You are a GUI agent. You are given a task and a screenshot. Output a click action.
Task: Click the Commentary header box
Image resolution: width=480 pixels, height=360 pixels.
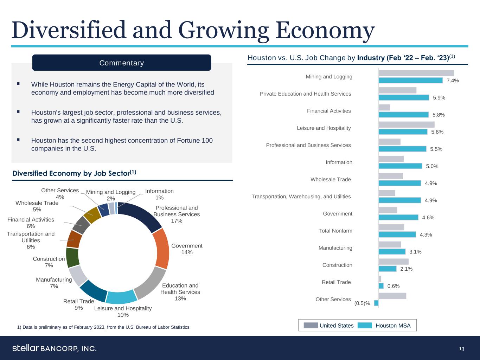pyautogui.click(x=121, y=63)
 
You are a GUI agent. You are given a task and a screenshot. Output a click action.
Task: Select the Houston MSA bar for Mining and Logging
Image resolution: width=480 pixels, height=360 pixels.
pyautogui.click(x=410, y=81)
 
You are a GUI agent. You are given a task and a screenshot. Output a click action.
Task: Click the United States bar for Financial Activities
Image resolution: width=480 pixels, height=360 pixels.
pyautogui.click(x=384, y=108)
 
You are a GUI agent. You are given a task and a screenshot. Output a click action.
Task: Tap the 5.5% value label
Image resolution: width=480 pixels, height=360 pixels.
pyautogui.click(x=436, y=149)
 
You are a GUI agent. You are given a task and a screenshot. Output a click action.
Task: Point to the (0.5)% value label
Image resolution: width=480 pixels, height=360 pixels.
pyautogui.click(x=362, y=303)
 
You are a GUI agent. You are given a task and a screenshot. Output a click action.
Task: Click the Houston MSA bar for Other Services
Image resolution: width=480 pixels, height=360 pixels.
pyautogui.click(x=376, y=303)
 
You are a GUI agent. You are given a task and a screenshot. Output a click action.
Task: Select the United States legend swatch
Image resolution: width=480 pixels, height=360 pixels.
pyautogui.click(x=311, y=326)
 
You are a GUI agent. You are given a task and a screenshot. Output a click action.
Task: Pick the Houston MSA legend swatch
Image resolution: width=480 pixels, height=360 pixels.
pyautogui.click(x=365, y=326)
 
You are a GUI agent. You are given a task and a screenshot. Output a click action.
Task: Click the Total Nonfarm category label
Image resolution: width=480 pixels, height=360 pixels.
pyautogui.click(x=335, y=231)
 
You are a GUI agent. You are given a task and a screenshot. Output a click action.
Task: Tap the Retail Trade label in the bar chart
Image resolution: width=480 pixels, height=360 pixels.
pyautogui.click(x=336, y=282)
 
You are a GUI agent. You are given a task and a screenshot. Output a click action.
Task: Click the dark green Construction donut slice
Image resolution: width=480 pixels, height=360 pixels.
pyautogui.click(x=72, y=257)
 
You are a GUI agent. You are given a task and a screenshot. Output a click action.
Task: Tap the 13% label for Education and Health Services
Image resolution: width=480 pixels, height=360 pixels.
pyautogui.click(x=180, y=298)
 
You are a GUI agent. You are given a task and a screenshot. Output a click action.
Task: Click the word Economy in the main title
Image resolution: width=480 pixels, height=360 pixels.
pyautogui.click(x=325, y=31)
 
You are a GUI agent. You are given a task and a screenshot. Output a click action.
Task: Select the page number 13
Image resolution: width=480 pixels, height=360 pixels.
pyautogui.click(x=461, y=349)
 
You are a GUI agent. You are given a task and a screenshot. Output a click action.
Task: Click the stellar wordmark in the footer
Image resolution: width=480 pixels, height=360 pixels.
pyautogui.click(x=25, y=348)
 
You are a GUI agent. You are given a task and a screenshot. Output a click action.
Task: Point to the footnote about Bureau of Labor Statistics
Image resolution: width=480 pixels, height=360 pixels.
pyautogui.click(x=103, y=327)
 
